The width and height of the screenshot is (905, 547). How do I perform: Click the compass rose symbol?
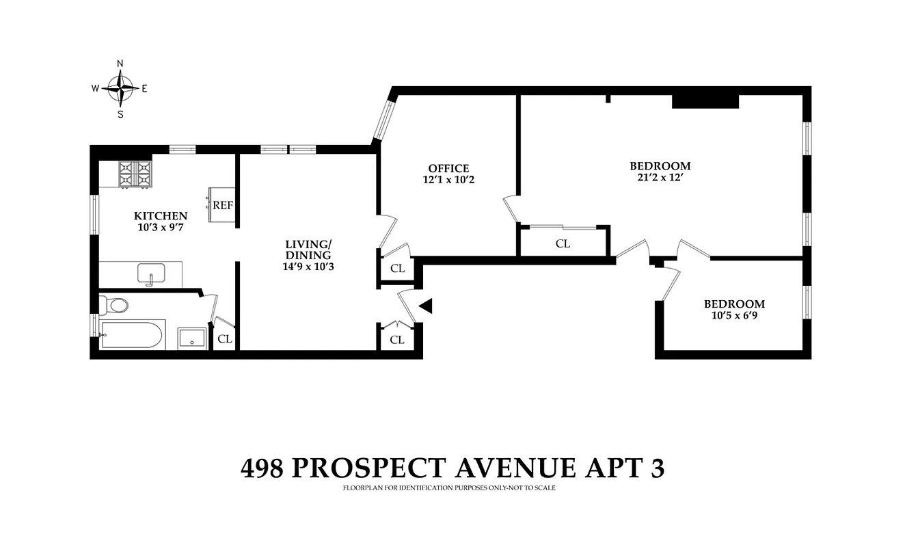[120, 88]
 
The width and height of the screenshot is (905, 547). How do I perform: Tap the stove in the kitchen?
[135, 174]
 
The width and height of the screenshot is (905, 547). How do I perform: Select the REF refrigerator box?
[223, 205]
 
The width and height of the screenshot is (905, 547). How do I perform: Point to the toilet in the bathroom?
[115, 304]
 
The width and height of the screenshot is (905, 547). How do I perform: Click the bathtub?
[131, 335]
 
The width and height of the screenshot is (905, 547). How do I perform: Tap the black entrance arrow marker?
[426, 306]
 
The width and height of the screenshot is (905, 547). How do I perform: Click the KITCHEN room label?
[161, 215]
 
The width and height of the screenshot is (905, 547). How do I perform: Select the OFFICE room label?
[448, 168]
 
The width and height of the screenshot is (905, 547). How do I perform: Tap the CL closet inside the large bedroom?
[563, 243]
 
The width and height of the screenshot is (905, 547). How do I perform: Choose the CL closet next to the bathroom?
[224, 338]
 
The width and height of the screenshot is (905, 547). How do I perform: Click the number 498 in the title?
[262, 468]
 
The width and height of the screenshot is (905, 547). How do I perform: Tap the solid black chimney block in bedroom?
[705, 101]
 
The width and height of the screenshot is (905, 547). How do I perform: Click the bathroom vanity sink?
[192, 338]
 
